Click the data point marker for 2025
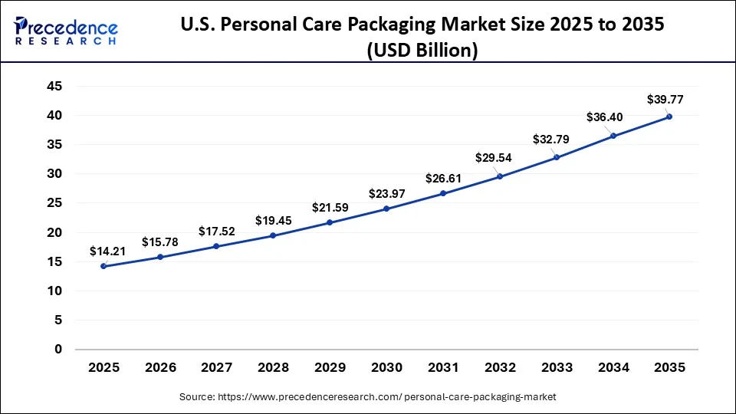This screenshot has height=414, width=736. (103, 266)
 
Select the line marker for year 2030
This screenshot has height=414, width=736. (386, 209)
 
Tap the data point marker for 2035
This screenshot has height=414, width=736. (669, 117)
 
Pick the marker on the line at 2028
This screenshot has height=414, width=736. (273, 235)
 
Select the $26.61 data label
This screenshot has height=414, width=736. (444, 179)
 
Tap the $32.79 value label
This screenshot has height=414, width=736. (551, 140)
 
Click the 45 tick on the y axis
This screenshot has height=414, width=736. (54, 87)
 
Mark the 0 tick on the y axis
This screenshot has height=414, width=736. (58, 350)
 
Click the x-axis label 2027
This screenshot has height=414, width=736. (217, 368)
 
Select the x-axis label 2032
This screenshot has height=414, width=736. (500, 368)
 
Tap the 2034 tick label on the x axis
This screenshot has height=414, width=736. (613, 368)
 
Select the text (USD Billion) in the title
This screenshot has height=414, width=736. (422, 51)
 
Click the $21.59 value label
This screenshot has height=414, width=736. (330, 208)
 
